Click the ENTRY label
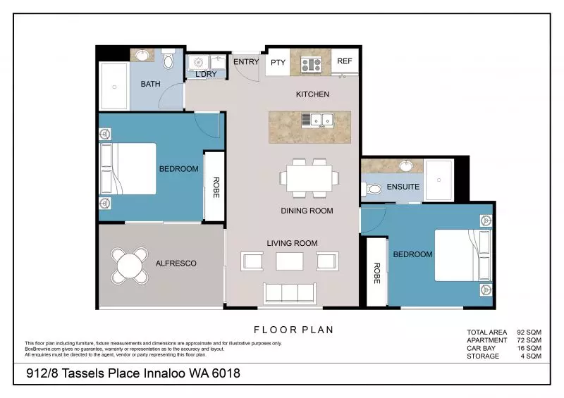(246, 62)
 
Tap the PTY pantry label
(278, 63)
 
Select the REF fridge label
(344, 62)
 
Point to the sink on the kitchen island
(317, 120)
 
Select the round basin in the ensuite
(406, 167)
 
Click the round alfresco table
(130, 265)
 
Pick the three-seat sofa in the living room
(288, 292)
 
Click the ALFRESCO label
(175, 263)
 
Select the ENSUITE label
(403, 187)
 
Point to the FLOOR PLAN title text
(293, 329)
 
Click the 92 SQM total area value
(528, 332)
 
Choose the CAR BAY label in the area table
(482, 348)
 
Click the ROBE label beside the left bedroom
(216, 187)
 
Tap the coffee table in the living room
(289, 262)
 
